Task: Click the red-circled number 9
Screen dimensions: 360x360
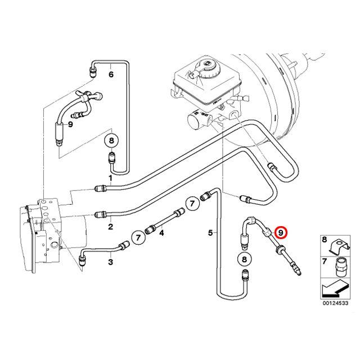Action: click(x=281, y=232)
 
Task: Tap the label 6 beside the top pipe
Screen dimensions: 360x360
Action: click(x=110, y=74)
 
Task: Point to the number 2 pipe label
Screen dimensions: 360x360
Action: click(x=110, y=227)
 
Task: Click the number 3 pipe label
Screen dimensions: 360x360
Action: click(x=110, y=262)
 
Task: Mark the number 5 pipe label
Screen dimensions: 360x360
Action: click(x=210, y=232)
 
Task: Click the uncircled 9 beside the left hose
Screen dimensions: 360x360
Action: click(x=71, y=124)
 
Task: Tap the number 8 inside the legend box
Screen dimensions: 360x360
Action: click(x=324, y=240)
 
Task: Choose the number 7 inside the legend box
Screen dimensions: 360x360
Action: click(x=324, y=262)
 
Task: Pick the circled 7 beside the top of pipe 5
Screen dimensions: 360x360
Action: click(x=192, y=202)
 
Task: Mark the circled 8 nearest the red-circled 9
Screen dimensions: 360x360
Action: click(x=244, y=259)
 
